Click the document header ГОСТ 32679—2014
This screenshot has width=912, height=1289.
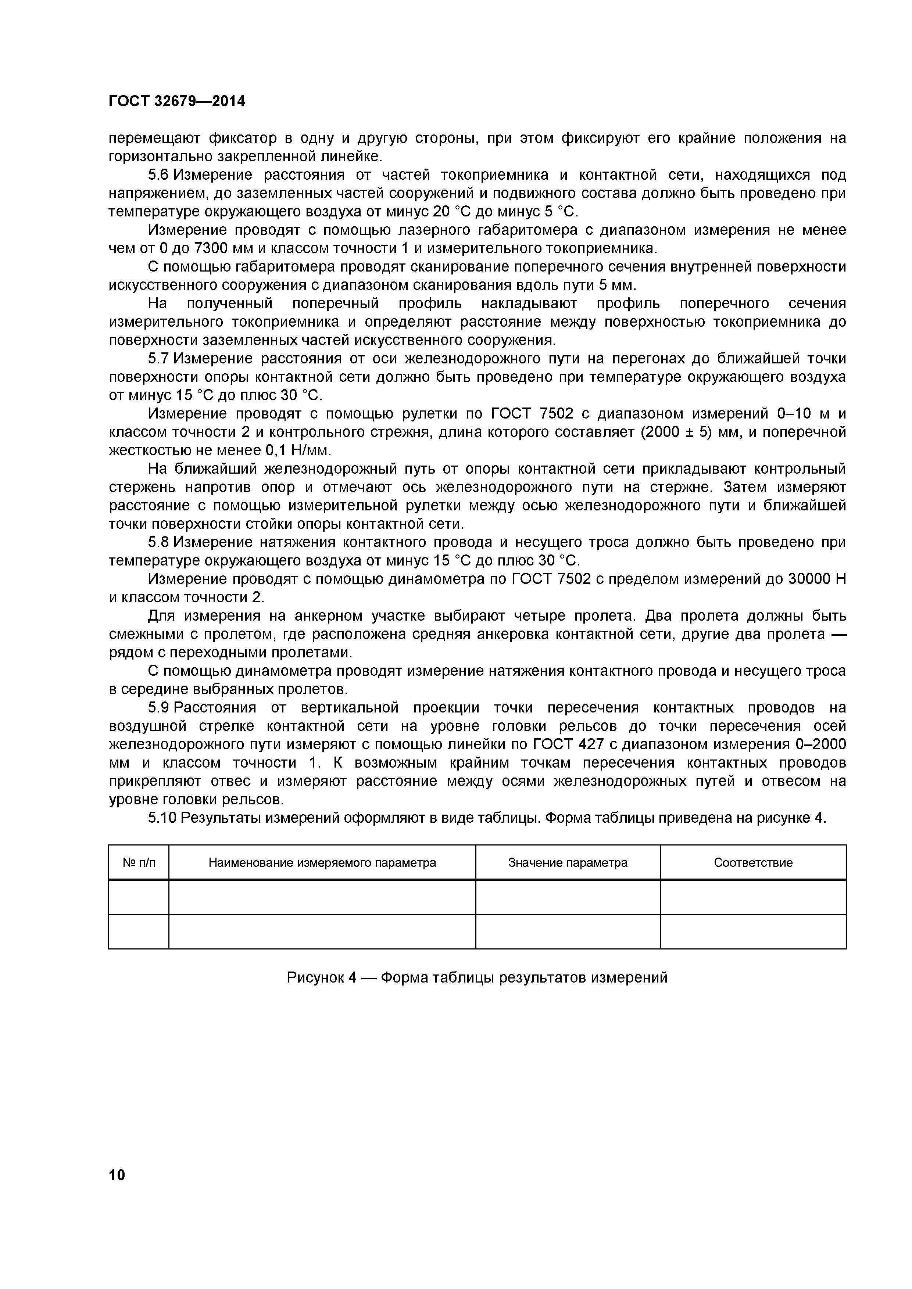(x=177, y=102)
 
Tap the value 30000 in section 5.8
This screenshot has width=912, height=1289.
(x=809, y=579)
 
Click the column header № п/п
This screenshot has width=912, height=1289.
(x=139, y=862)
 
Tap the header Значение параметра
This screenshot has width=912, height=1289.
(x=568, y=862)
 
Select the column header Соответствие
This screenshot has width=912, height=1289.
(x=753, y=862)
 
